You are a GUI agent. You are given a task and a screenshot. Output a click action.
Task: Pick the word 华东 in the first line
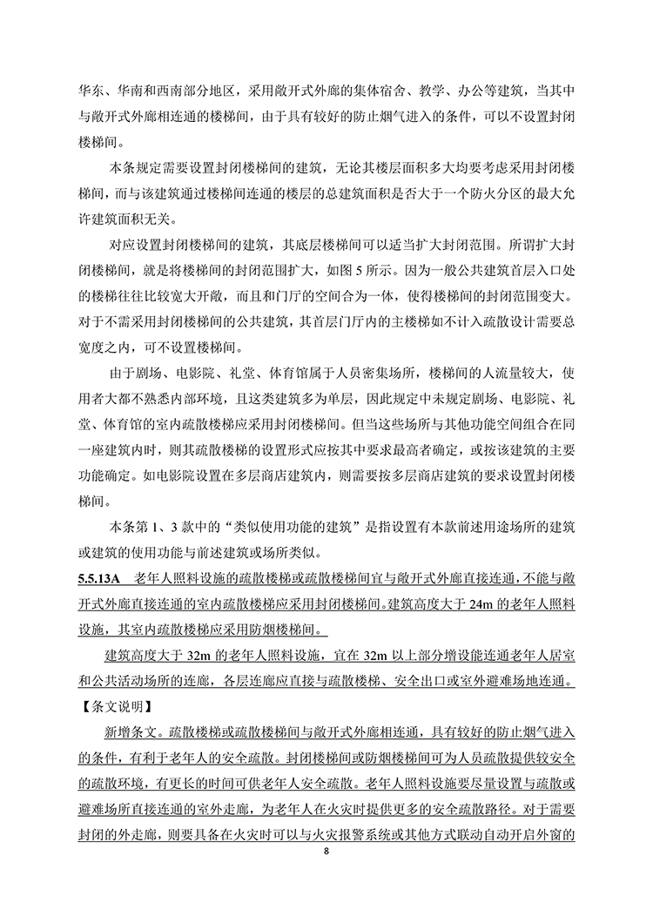[91, 89]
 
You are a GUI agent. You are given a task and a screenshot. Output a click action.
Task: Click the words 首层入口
[523, 266]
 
